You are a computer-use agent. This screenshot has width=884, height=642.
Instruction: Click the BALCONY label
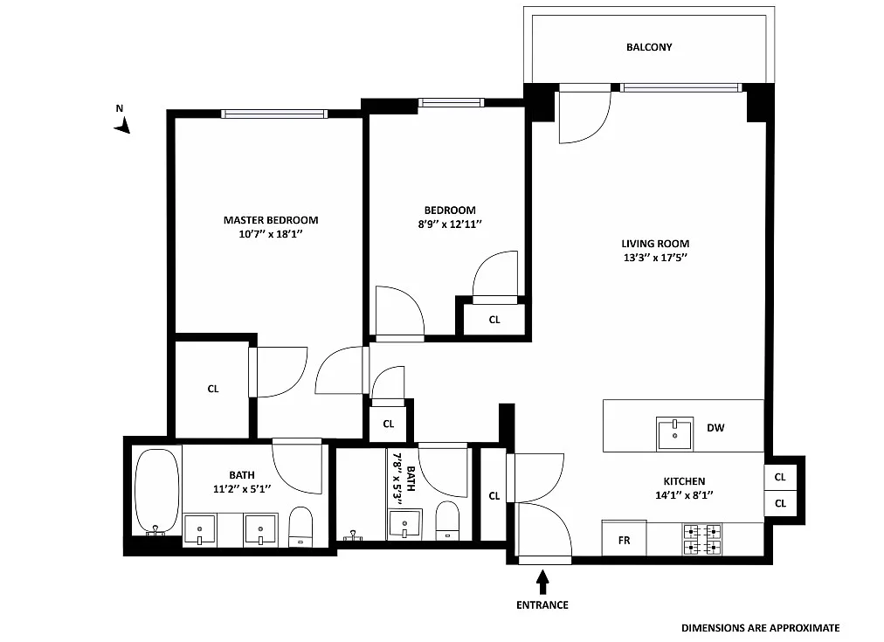[649, 47]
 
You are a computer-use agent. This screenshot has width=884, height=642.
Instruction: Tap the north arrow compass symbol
[122, 125]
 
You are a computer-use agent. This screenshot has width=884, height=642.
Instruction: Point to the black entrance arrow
[542, 582]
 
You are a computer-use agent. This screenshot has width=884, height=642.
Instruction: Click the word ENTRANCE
[542, 605]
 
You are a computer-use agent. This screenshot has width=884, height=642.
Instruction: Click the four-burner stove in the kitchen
[702, 540]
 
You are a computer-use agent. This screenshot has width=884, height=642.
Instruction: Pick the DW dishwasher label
[715, 428]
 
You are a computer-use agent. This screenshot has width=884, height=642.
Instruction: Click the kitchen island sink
[674, 433]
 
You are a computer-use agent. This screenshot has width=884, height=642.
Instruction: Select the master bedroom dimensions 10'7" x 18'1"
[271, 234]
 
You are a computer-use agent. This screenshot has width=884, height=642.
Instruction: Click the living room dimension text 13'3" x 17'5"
[655, 258]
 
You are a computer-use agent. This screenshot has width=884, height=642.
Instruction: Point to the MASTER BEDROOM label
[271, 220]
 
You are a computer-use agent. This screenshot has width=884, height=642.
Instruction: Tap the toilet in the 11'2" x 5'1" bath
[300, 527]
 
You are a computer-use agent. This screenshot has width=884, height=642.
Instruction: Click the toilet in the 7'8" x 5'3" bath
[447, 520]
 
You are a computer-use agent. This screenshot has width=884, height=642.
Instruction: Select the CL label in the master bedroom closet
[213, 389]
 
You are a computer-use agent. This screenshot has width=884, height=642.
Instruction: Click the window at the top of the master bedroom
[274, 114]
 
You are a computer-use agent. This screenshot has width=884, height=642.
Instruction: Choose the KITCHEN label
[684, 481]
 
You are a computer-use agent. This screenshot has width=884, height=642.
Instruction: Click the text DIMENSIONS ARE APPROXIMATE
[761, 628]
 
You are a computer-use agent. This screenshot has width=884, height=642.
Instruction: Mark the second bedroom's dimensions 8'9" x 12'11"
[450, 224]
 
